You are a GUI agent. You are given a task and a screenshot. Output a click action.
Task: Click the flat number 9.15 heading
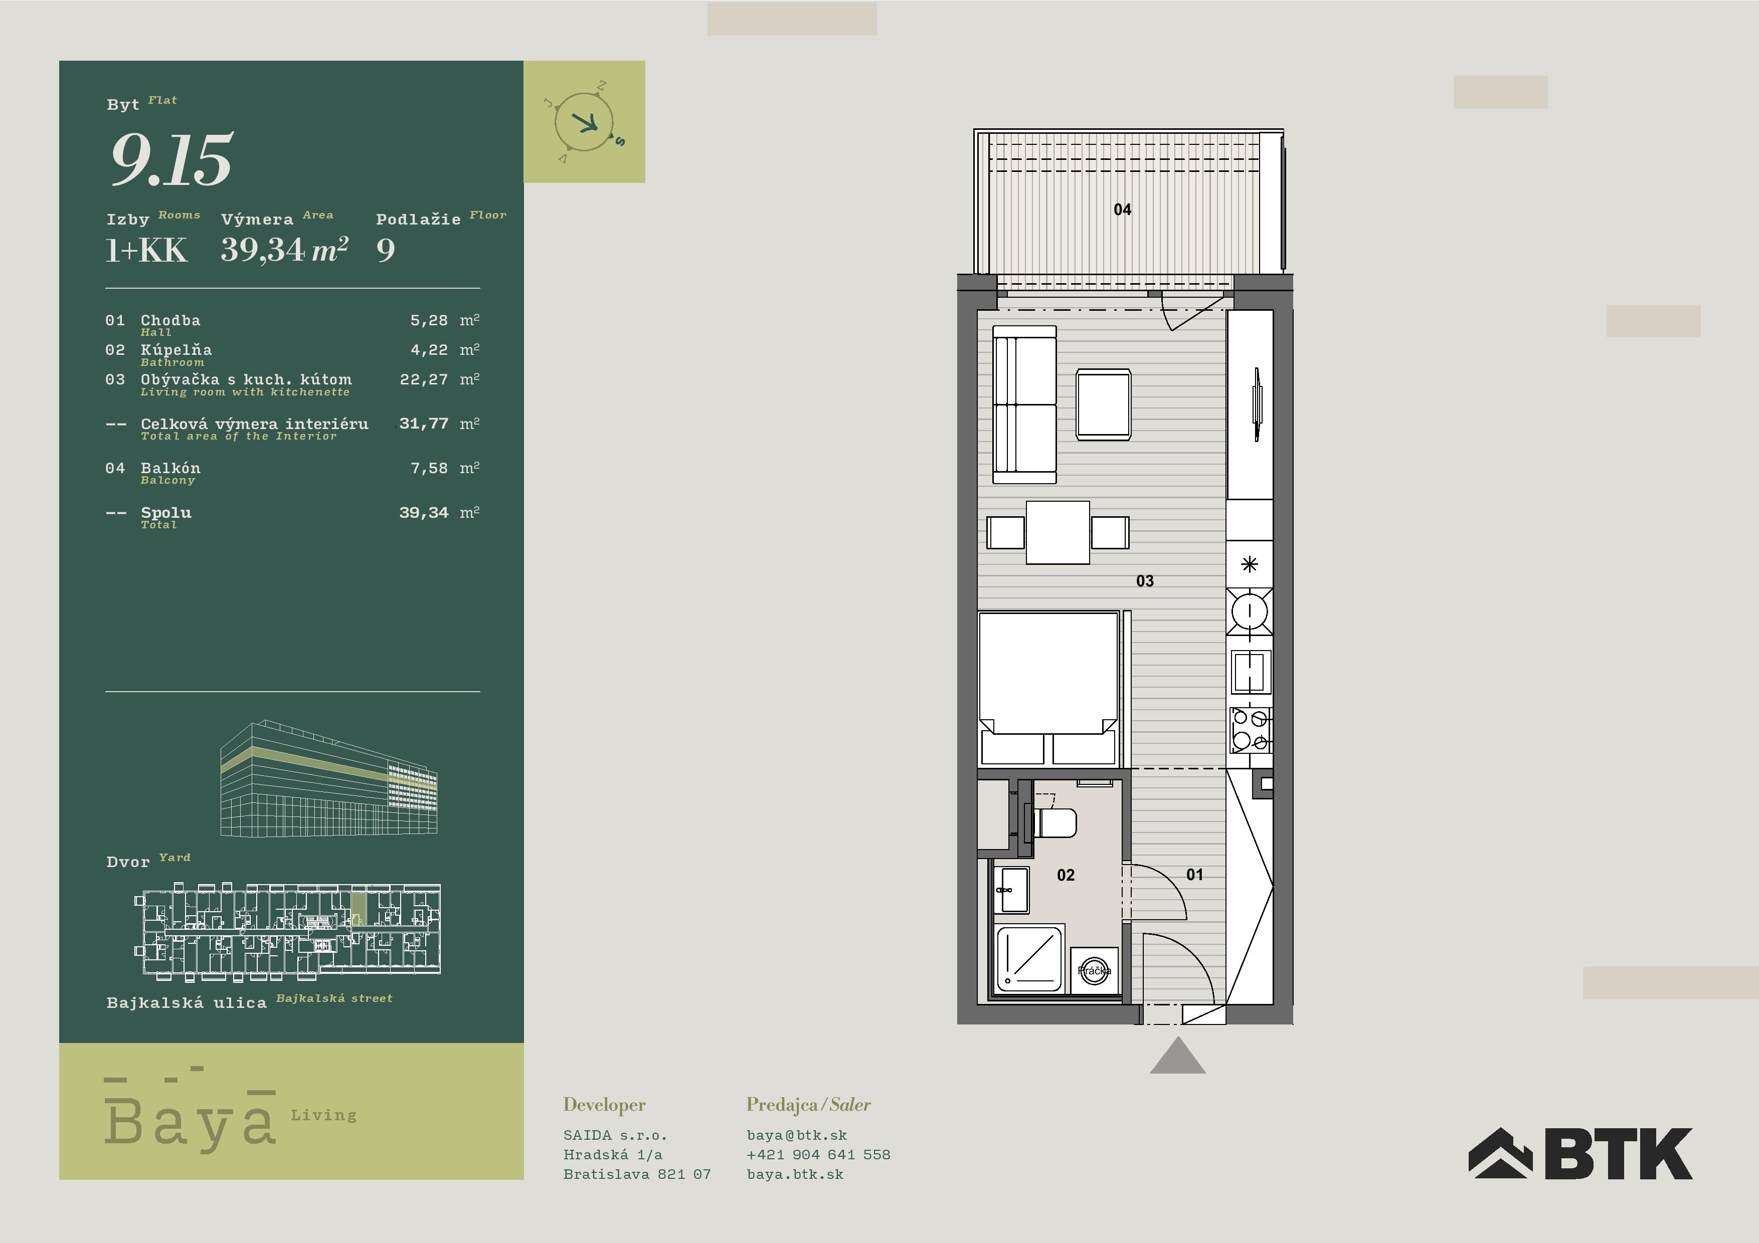[x=171, y=159]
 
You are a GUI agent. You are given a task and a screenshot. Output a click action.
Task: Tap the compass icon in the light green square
[x=585, y=122]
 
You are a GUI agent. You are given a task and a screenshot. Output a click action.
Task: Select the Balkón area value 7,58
[x=429, y=468]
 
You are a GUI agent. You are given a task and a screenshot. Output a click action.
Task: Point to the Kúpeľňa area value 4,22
[x=429, y=350]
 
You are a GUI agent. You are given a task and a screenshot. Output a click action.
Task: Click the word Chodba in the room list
[x=170, y=320]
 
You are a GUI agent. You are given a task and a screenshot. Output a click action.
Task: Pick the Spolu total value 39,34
[x=424, y=512]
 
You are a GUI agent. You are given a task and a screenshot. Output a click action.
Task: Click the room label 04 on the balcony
[x=1122, y=209]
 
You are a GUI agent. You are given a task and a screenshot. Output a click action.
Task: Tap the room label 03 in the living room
[x=1145, y=580]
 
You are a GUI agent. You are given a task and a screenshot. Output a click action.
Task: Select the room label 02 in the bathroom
[x=1066, y=875]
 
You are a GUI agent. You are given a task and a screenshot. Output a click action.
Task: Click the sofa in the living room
[x=1024, y=404]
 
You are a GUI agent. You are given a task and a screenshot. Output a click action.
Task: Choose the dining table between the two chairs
[x=1057, y=532]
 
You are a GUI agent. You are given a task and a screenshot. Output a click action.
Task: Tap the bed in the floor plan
[x=1048, y=689]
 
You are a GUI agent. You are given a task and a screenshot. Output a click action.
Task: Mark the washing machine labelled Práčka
[x=1094, y=971]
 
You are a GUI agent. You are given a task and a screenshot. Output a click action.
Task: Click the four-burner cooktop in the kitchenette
[x=1250, y=729]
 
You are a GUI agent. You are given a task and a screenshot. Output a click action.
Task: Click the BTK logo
[x=1580, y=1153]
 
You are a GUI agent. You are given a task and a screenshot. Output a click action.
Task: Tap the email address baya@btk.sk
[x=797, y=1135]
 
